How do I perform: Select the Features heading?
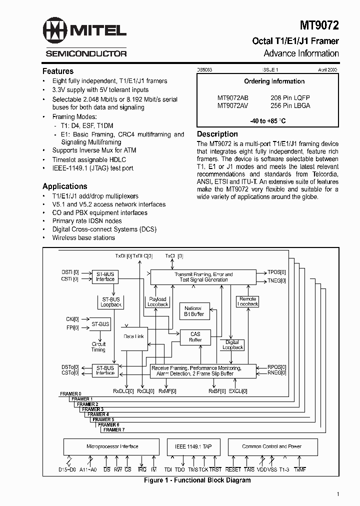click(x=58, y=71)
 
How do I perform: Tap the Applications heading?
click(x=65, y=186)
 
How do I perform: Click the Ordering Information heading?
click(x=274, y=81)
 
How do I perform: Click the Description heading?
click(x=217, y=134)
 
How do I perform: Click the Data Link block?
click(x=133, y=336)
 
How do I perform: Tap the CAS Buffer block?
click(x=195, y=337)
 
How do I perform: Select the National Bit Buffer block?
click(x=193, y=311)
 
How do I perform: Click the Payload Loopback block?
click(x=157, y=301)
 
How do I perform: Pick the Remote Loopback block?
click(x=247, y=301)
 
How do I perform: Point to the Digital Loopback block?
click(x=232, y=344)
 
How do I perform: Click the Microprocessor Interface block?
click(x=112, y=446)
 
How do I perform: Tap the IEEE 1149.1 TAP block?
click(x=193, y=446)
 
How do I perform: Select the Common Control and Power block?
click(x=271, y=446)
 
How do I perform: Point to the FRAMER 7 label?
click(x=113, y=429)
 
